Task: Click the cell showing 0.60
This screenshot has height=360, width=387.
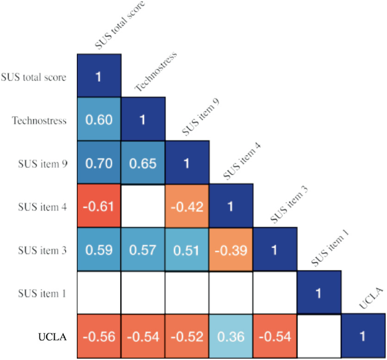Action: coord(98,119)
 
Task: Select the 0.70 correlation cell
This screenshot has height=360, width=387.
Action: coord(98,163)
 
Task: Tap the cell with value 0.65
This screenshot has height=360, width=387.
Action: coord(143,163)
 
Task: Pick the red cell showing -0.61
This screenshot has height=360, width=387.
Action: coord(98,206)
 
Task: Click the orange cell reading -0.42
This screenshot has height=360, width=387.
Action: coord(187,206)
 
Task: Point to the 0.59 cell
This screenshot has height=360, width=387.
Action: coord(98,249)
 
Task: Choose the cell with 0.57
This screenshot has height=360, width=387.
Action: coord(143,249)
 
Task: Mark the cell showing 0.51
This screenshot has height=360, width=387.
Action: coord(187,249)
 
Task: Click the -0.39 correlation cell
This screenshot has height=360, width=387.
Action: coord(231,249)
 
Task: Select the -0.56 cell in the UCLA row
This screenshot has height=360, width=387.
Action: coord(98,337)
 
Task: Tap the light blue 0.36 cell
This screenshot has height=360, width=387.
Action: coord(231,337)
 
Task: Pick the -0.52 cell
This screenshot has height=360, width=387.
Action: coord(187,337)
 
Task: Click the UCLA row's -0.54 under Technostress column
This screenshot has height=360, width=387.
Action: coord(143,337)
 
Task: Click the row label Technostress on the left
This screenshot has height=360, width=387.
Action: coord(39,120)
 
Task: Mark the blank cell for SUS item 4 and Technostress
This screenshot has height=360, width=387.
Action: coord(143,206)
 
